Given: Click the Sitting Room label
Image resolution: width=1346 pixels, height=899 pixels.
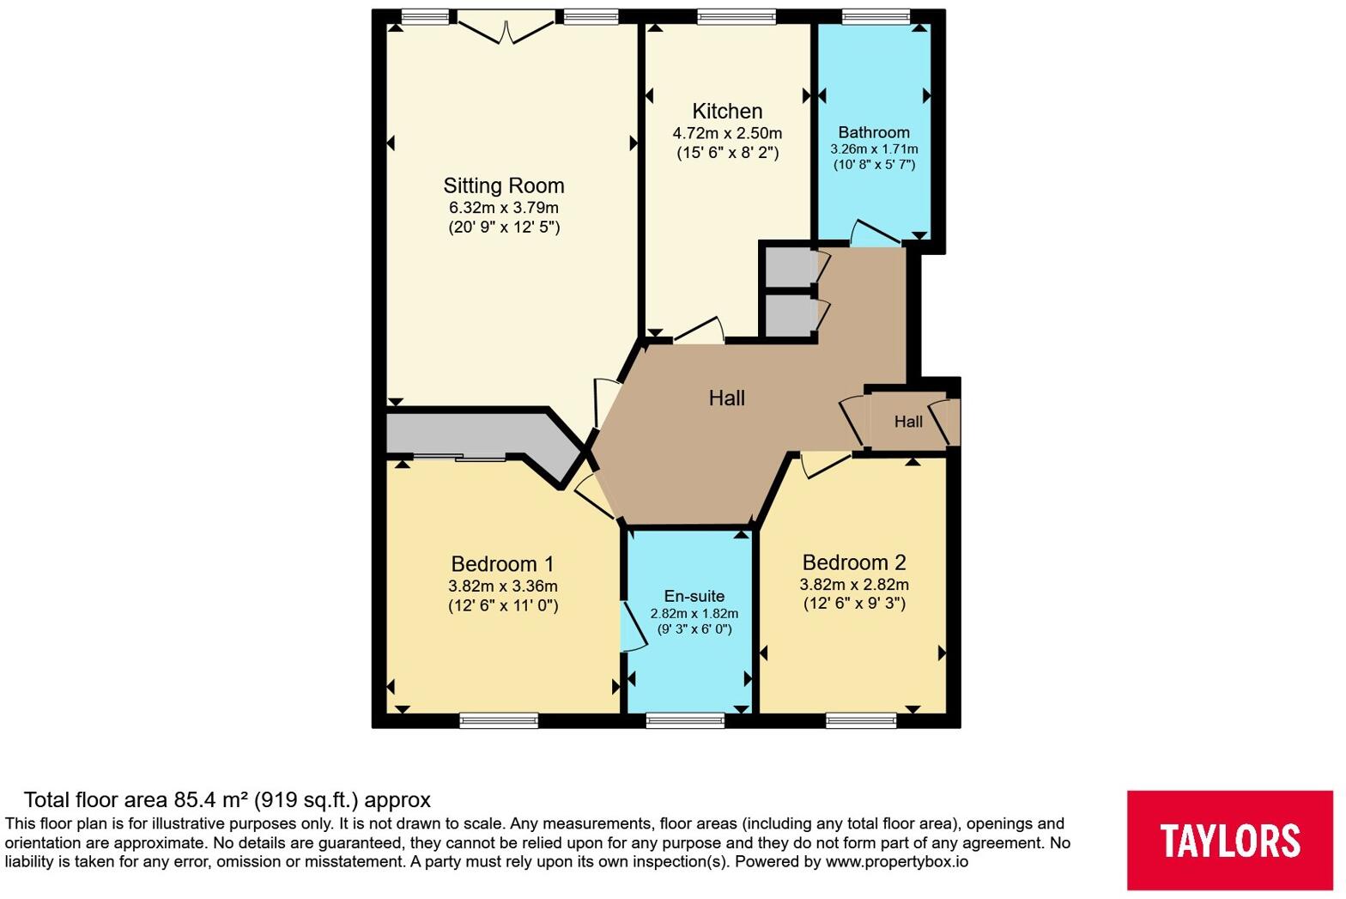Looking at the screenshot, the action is point(504,185).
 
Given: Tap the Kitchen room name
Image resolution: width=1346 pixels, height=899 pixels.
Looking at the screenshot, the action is point(727,111).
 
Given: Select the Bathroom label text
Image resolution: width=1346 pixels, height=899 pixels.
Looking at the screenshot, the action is point(874,132).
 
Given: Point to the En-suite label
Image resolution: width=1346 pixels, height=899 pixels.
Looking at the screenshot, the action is point(694,596).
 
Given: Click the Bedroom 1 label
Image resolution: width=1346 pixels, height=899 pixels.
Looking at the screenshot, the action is point(502,563).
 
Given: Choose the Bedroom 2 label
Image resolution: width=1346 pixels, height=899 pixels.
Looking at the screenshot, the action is point(854,562).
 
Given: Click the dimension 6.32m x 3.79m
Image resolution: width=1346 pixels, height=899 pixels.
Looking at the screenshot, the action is point(504,208).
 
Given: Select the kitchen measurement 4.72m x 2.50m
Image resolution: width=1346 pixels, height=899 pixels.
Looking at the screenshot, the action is point(727,133).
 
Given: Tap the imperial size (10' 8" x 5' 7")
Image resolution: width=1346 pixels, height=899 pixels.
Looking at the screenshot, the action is point(874,164).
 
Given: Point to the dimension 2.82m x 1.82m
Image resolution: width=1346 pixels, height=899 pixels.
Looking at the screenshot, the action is point(694,614).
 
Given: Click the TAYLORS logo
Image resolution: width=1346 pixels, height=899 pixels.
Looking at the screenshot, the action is point(1229,840).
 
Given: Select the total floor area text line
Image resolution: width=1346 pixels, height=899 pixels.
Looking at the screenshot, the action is point(227,800).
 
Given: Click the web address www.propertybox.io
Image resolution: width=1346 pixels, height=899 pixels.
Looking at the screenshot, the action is point(896,862).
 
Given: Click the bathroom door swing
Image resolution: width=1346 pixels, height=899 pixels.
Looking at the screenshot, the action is point(876,233).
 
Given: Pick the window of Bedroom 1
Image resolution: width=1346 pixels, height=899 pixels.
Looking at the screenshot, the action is point(499,720).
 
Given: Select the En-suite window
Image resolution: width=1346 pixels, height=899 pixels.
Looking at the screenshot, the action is point(685,720).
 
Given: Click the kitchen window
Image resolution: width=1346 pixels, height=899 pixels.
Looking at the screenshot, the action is point(737,17).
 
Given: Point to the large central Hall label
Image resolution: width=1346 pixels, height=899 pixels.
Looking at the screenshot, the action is point(726,398).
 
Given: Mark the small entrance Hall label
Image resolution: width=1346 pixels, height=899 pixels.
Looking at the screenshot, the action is point(908,422).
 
